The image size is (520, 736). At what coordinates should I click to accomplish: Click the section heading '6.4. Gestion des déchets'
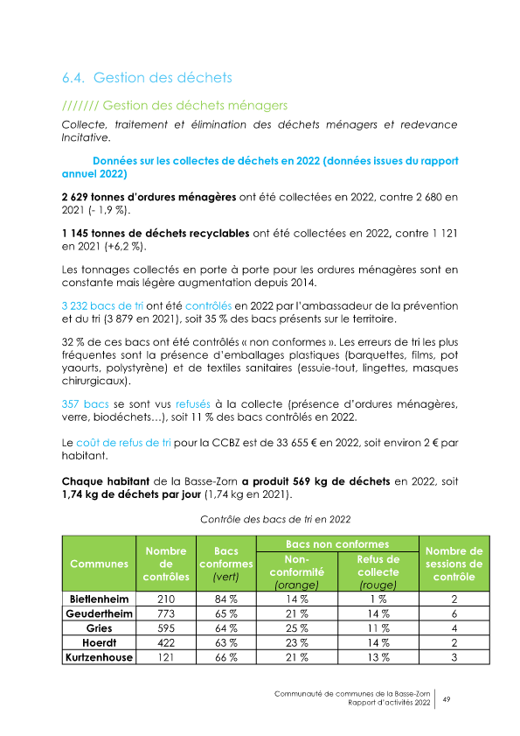tap(147, 78)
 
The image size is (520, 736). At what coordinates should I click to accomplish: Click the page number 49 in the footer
tap(447, 699)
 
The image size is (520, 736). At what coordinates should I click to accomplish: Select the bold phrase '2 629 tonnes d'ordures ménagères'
tap(149, 198)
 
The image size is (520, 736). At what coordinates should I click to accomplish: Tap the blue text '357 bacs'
tap(85, 403)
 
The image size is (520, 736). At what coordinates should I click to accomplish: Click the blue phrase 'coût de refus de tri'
tap(122, 444)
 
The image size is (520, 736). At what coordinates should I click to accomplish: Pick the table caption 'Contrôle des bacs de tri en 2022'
tap(275, 520)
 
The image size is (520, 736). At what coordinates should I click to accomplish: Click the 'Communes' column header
tap(98, 563)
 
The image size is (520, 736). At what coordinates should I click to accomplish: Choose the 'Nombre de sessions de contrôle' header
tap(454, 564)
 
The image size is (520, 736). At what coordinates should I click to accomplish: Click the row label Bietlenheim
tap(100, 599)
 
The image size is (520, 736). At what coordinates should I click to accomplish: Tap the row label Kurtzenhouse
tap(100, 656)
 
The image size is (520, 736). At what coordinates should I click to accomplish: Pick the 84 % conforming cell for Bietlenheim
tap(226, 599)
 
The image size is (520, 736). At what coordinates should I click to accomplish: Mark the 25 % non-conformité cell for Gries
tap(298, 628)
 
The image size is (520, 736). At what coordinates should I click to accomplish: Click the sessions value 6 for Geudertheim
tap(454, 613)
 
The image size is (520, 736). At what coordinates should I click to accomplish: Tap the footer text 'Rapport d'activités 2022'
tap(389, 703)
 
